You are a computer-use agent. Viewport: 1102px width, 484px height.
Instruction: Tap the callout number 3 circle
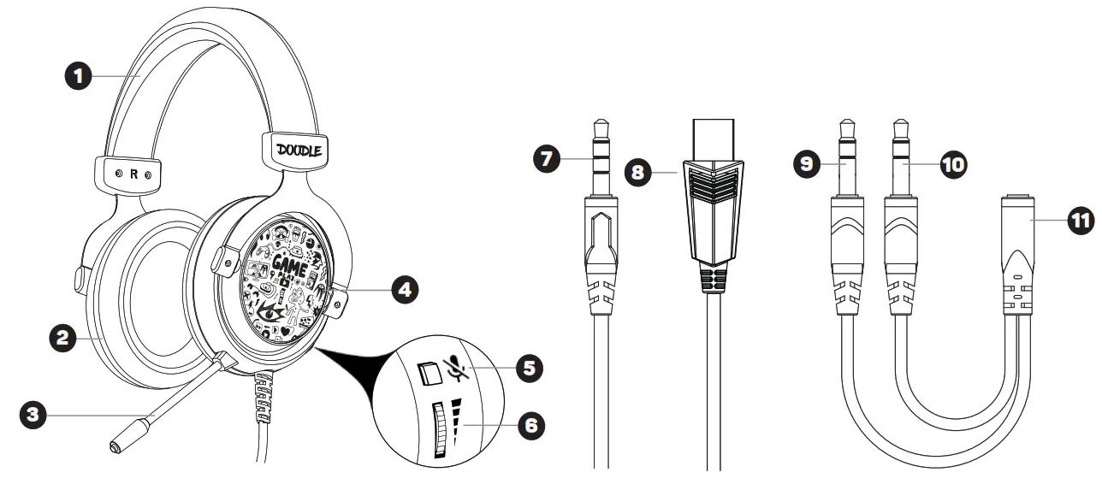tap(33, 416)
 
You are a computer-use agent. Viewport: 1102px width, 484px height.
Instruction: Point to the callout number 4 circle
tap(403, 290)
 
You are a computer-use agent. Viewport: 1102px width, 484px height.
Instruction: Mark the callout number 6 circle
tap(531, 423)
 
